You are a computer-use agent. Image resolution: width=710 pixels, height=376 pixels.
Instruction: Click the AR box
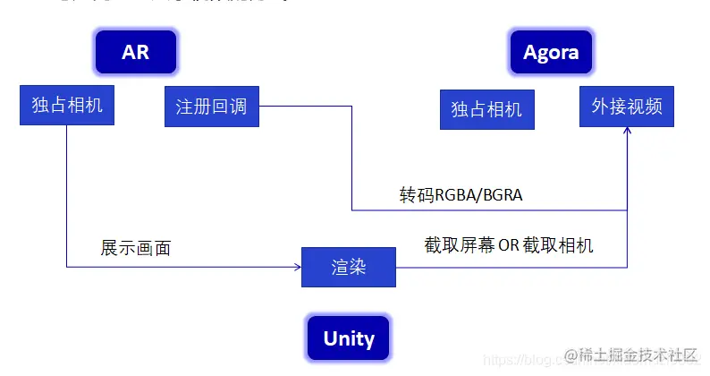click(135, 53)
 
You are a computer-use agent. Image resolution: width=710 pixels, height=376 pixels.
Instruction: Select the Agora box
click(550, 53)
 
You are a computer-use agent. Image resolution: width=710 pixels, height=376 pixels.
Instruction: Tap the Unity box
click(348, 338)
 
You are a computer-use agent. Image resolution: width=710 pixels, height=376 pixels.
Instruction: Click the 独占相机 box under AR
click(67, 106)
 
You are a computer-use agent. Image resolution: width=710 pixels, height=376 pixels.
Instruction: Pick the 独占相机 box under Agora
click(486, 109)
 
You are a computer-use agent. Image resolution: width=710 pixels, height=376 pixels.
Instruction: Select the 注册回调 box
click(211, 107)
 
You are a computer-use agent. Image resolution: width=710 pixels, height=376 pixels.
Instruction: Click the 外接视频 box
click(627, 107)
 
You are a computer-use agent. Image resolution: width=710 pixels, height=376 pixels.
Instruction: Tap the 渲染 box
click(348, 267)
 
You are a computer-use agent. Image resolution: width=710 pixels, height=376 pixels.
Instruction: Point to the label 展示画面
click(136, 248)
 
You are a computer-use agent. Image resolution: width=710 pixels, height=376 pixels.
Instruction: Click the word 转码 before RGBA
click(417, 194)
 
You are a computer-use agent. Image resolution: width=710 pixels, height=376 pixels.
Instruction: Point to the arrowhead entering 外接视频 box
click(627, 132)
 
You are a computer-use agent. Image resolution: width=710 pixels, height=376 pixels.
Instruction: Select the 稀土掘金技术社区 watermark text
click(644, 355)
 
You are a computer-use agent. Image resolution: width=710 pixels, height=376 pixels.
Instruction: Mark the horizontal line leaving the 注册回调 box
click(304, 107)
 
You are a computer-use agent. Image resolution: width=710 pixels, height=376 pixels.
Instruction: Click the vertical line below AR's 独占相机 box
click(67, 197)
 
